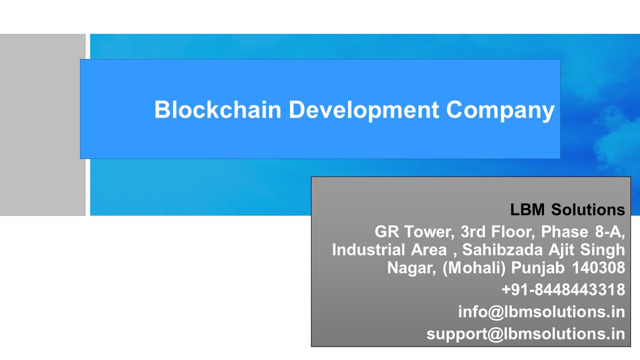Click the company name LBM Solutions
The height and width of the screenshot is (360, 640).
coord(567,210)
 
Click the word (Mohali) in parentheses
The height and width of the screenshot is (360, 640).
coord(474,267)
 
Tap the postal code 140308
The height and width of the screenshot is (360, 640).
coord(598,267)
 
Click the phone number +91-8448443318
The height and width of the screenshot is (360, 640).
coord(563,289)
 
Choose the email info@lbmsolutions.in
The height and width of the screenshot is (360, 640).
coord(541,311)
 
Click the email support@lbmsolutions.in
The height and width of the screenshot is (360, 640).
coord(525,333)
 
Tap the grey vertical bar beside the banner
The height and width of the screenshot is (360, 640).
coord(42,125)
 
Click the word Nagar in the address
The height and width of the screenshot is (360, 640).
coord(410,267)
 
